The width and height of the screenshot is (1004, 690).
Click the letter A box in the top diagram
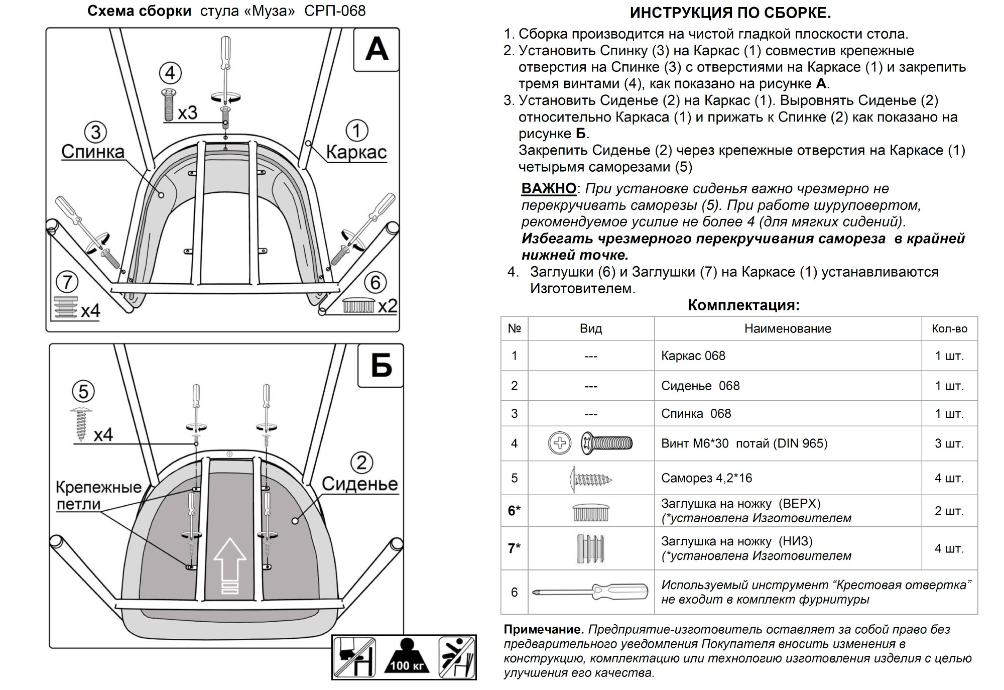[376, 50]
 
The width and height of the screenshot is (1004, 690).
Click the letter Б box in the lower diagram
[381, 365]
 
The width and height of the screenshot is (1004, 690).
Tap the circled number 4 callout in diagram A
[170, 73]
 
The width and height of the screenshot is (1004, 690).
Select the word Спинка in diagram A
[93, 152]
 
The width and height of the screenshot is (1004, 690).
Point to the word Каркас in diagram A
[356, 152]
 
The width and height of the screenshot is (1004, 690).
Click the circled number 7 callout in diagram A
[67, 282]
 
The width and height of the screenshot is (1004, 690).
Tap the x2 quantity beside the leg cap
[387, 306]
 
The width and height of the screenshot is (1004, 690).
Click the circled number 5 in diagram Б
[83, 392]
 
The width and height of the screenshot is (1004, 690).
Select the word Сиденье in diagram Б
[359, 484]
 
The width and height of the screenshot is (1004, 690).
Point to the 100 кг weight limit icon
[407, 657]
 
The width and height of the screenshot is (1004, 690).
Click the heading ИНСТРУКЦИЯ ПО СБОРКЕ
[730, 13]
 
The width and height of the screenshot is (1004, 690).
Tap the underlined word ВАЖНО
[549, 188]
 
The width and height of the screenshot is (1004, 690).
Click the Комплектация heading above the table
[743, 305]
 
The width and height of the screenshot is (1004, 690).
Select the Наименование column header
[788, 328]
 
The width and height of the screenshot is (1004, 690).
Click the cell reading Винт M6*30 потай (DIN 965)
[744, 443]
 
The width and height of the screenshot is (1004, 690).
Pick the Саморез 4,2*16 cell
[706, 478]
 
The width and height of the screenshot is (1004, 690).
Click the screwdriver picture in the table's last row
[590, 592]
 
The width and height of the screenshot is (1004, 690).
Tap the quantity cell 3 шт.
[949, 443]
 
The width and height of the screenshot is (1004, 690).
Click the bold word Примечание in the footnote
[543, 629]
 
